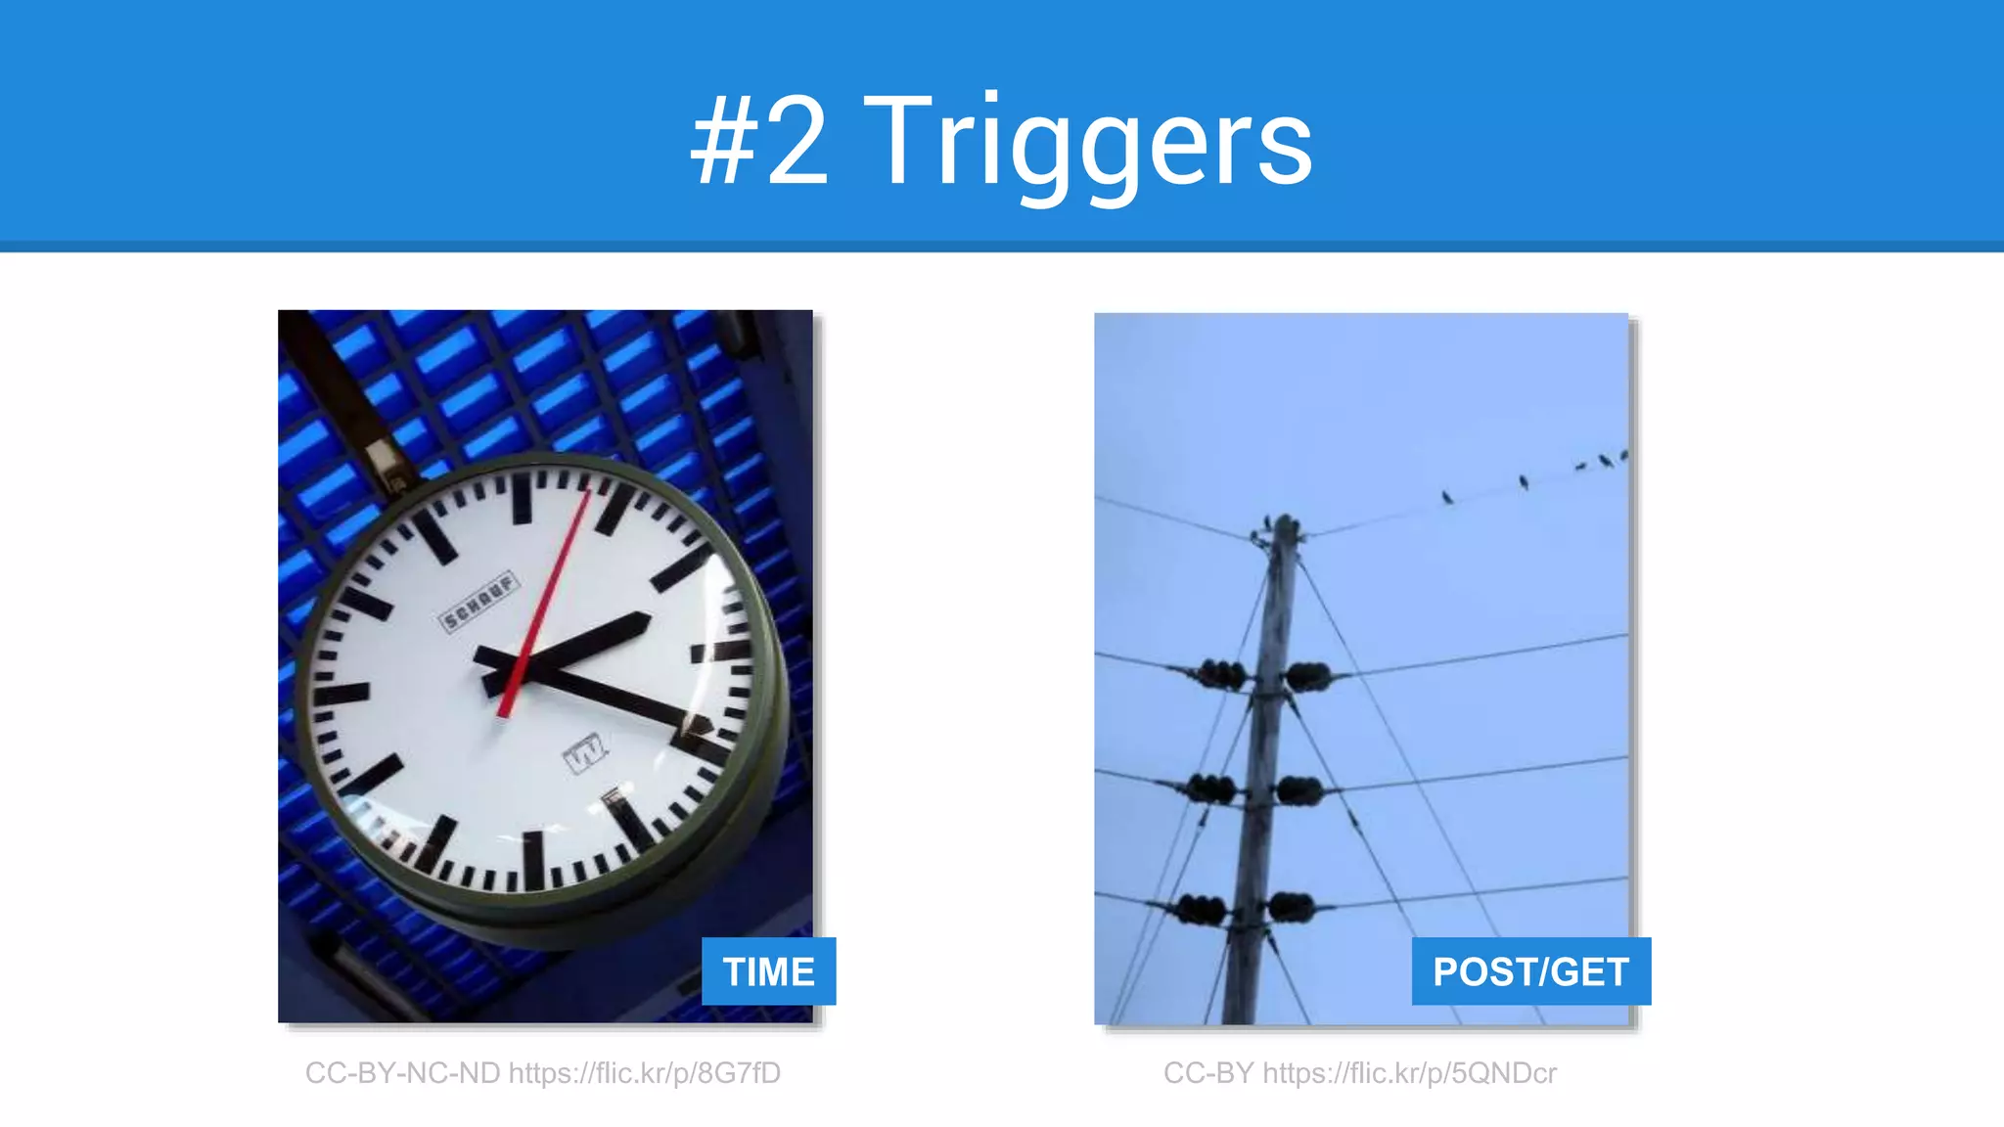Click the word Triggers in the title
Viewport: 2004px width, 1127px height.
(1087, 145)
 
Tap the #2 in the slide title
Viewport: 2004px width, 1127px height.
(760, 145)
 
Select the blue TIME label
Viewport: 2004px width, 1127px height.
(768, 971)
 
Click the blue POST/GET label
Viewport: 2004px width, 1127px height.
(1530, 971)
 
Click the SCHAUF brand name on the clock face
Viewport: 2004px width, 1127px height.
(478, 603)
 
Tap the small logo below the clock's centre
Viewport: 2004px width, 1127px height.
(585, 753)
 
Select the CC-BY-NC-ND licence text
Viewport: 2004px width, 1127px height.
(402, 1073)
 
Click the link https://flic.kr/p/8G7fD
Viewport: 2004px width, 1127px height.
(645, 1073)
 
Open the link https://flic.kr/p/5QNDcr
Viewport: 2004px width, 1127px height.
(1409, 1073)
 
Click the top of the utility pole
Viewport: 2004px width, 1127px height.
(1286, 528)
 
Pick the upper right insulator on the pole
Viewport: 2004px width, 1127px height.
(1308, 675)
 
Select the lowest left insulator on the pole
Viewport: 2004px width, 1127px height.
(1201, 909)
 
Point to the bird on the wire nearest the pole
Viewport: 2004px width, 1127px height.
(1447, 498)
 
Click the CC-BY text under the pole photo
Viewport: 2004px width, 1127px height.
(1208, 1073)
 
